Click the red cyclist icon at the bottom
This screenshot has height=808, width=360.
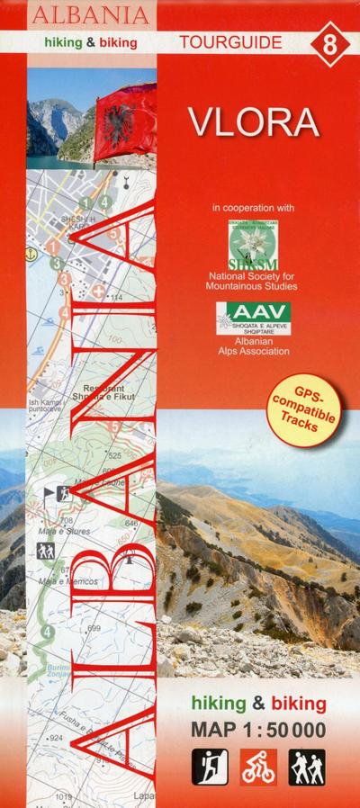point(259,767)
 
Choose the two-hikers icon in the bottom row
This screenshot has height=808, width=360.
point(307,767)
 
